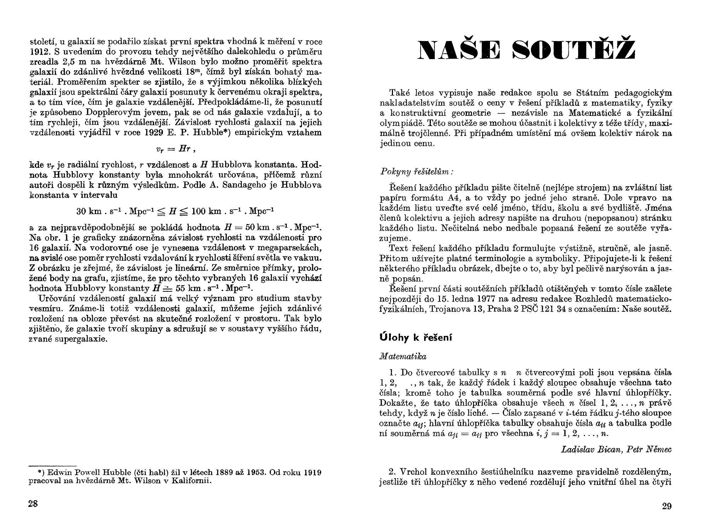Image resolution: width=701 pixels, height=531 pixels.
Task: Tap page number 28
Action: click(33, 504)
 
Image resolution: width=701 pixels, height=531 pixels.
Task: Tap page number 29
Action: click(667, 506)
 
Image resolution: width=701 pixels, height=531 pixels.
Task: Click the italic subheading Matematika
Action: click(403, 356)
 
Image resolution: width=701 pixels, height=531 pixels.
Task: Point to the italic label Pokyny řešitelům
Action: click(416, 172)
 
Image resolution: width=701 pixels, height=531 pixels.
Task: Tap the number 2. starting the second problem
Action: click(393, 472)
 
